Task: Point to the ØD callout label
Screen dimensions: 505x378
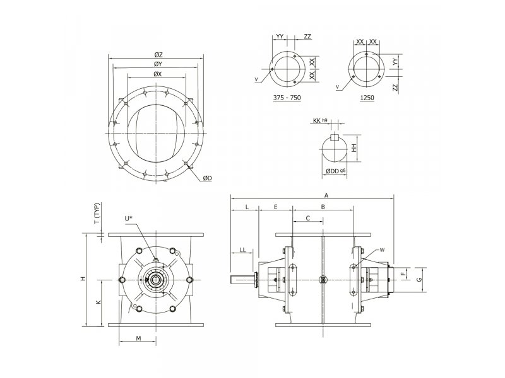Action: tap(208, 178)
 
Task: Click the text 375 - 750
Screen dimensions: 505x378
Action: tap(287, 98)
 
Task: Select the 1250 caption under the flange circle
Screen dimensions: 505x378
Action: tap(367, 98)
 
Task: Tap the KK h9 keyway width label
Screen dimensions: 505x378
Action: tap(320, 120)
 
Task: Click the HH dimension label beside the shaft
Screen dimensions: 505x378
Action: tap(354, 148)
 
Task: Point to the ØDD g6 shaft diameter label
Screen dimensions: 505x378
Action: tap(335, 171)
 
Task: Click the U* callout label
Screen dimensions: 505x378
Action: tap(129, 219)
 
